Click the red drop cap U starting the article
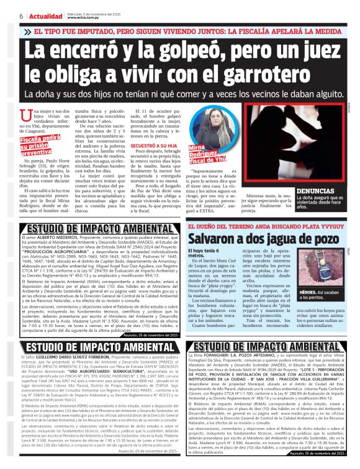pyautogui.click(x=24, y=116)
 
